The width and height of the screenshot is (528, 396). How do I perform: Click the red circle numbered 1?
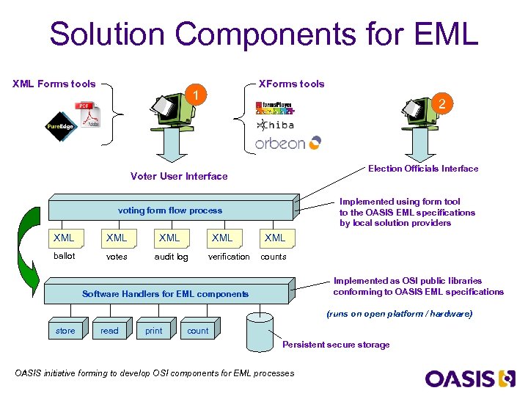pyautogui.click(x=195, y=95)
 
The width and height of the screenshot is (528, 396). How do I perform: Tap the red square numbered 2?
pyautogui.click(x=441, y=104)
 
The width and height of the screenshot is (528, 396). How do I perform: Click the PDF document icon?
pyautogui.click(x=87, y=116)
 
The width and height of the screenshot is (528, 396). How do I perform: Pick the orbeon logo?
pyautogui.click(x=287, y=143)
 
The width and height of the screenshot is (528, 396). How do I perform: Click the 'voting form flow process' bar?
pyautogui.click(x=171, y=210)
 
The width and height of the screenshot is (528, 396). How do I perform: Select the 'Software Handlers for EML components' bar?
pyautogui.click(x=166, y=293)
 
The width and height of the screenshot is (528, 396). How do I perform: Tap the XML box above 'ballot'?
pyautogui.click(x=65, y=238)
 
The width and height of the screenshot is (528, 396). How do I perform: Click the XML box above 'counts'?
pyautogui.click(x=275, y=238)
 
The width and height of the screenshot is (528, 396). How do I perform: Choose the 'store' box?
pyautogui.click(x=65, y=331)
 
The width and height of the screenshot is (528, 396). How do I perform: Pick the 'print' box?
pyautogui.click(x=154, y=331)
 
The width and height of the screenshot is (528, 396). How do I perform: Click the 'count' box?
pyautogui.click(x=198, y=331)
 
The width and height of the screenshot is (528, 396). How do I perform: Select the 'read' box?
pyautogui.click(x=110, y=331)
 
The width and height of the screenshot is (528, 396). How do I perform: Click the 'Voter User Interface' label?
pyautogui.click(x=179, y=176)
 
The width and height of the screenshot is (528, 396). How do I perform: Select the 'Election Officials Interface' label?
pyautogui.click(x=423, y=169)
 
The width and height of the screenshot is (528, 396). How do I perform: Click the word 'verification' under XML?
pyautogui.click(x=229, y=257)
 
